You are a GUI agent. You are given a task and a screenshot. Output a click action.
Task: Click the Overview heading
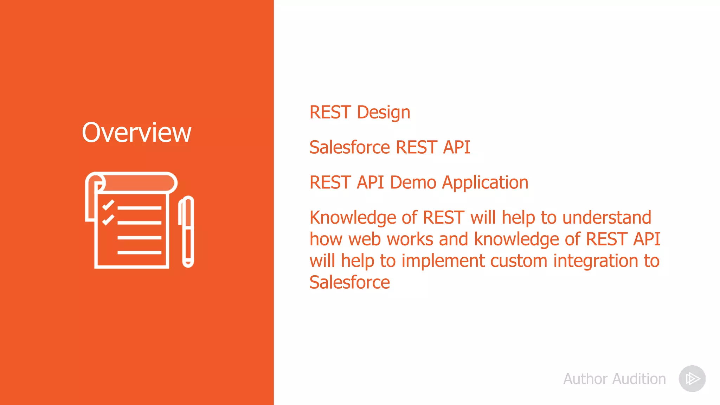(136, 133)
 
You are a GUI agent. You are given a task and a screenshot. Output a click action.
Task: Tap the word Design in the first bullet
(384, 112)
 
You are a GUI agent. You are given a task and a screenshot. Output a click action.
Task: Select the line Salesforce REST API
(390, 147)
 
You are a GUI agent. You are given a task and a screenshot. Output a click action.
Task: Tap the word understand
(607, 218)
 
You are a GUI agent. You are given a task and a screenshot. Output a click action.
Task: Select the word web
(365, 239)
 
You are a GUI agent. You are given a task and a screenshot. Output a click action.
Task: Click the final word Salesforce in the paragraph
(349, 282)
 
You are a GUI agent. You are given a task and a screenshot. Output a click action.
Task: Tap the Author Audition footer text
(615, 379)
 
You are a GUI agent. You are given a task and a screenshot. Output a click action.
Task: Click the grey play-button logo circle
(692, 379)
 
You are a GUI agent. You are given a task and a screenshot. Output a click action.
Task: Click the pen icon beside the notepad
(188, 232)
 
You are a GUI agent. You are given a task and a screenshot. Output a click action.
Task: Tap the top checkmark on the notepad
(108, 205)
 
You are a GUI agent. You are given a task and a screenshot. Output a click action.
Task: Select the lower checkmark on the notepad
(108, 220)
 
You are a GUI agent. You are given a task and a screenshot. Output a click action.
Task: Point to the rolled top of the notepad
(137, 182)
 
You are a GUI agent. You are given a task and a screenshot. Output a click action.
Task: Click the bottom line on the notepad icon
(139, 252)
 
